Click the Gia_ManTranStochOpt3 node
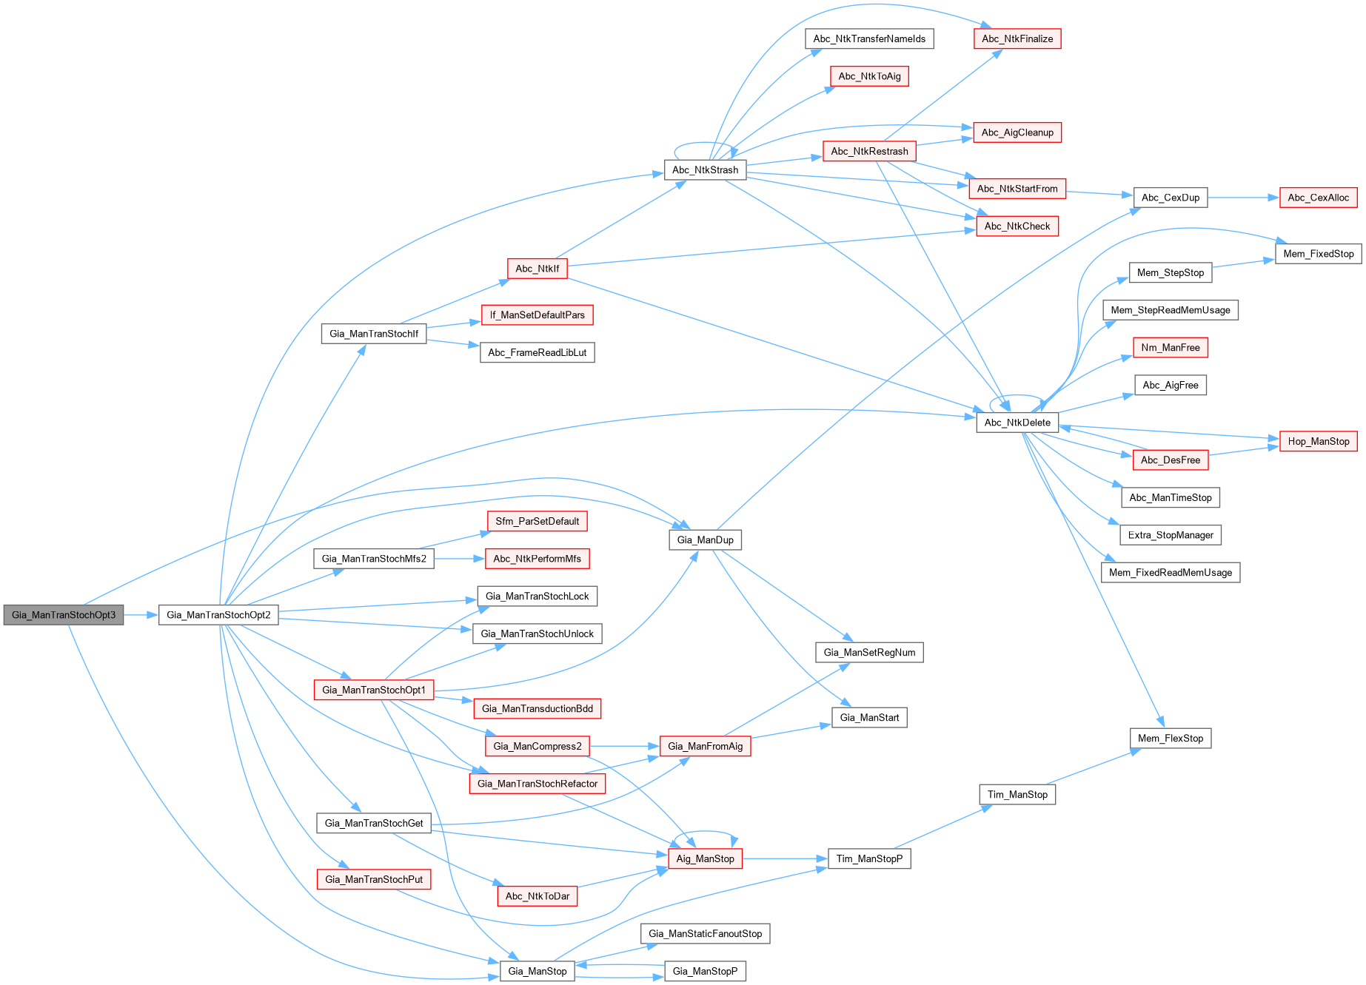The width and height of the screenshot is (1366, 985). pyautogui.click(x=64, y=615)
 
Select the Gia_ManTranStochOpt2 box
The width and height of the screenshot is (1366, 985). pyautogui.click(x=218, y=615)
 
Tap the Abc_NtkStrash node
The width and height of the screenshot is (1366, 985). pyautogui.click(x=705, y=170)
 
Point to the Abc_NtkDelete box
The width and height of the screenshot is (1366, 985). pyautogui.click(x=1017, y=423)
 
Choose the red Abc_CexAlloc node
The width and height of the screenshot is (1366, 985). pyautogui.click(x=1318, y=198)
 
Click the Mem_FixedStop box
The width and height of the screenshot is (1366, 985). pyautogui.click(x=1318, y=254)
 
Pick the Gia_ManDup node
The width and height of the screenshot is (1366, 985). pyautogui.click(x=705, y=539)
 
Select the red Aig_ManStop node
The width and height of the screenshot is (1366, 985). pyautogui.click(x=705, y=858)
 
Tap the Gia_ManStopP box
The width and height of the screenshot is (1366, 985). pyautogui.click(x=705, y=971)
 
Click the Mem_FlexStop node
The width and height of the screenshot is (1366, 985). pyautogui.click(x=1170, y=738)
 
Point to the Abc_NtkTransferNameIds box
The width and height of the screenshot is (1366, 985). pyautogui.click(x=869, y=39)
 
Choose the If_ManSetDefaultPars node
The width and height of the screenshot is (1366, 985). pyautogui.click(x=537, y=315)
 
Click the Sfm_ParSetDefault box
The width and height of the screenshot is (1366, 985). pyautogui.click(x=537, y=521)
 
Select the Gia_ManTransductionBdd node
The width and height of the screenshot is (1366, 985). pyautogui.click(x=537, y=709)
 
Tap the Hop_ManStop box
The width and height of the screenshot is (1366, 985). pyautogui.click(x=1318, y=442)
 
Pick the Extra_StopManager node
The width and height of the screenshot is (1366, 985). pyautogui.click(x=1170, y=535)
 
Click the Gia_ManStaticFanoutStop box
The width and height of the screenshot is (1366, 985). pyautogui.click(x=705, y=934)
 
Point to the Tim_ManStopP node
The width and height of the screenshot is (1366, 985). pyautogui.click(x=869, y=858)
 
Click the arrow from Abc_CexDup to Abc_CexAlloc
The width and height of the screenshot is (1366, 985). pyautogui.click(x=1244, y=198)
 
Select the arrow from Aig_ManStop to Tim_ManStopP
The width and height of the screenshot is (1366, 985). pyautogui.click(x=785, y=858)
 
